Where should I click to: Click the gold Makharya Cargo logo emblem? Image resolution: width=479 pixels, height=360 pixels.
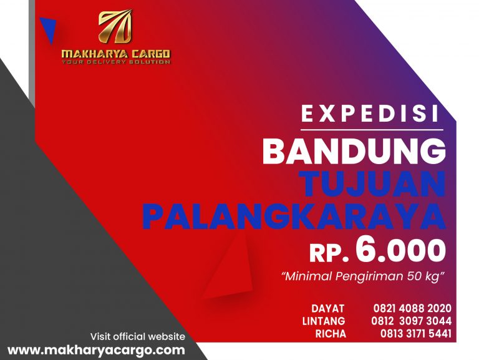click(115, 27)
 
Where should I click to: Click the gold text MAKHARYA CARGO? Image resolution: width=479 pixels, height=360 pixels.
click(115, 54)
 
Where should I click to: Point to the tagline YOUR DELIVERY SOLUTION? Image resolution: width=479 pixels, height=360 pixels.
click(115, 62)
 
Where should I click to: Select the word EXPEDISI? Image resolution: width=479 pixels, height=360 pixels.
click(370, 114)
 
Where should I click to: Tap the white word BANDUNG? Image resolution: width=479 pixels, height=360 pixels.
click(354, 152)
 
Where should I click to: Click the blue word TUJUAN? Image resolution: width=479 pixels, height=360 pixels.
click(372, 183)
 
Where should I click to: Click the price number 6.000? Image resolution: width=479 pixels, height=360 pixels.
click(400, 250)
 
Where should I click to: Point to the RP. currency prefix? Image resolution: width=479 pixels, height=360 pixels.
click(329, 253)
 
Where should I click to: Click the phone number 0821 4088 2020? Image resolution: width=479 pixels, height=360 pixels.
click(412, 308)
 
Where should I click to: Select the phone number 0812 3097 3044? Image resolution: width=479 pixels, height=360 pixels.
click(412, 321)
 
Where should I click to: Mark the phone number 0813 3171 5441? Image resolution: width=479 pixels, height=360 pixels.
click(415, 334)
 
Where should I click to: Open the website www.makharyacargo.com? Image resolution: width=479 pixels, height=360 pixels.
click(96, 350)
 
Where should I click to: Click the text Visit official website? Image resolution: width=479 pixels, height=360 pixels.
click(137, 336)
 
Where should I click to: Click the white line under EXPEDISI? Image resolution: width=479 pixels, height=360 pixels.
click(370, 130)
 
